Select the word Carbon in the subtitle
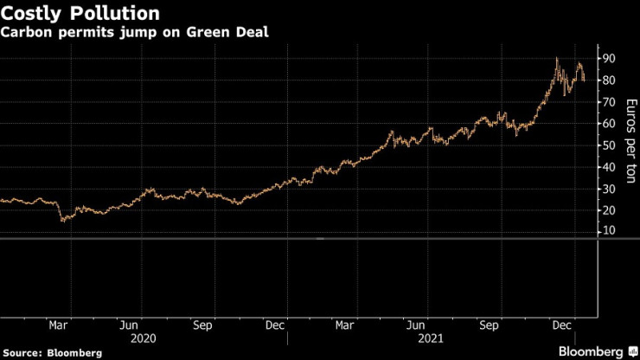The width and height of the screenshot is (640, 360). pos(25,35)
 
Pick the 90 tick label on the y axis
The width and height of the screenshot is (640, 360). pos(610,58)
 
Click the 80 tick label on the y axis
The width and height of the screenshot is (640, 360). pos(610,80)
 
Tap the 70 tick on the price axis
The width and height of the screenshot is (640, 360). pos(610,102)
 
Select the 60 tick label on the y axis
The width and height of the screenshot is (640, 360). pos(610,124)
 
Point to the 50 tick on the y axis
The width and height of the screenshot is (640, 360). pos(610,145)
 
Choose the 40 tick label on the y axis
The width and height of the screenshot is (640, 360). pos(610,167)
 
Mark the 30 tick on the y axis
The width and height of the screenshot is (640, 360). pos(610,189)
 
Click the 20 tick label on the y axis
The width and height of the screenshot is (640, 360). pos(610,210)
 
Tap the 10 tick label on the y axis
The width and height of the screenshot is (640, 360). pos(610,231)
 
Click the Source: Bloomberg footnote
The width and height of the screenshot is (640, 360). pos(52,353)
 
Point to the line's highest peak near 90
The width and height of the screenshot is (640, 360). pos(556,59)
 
